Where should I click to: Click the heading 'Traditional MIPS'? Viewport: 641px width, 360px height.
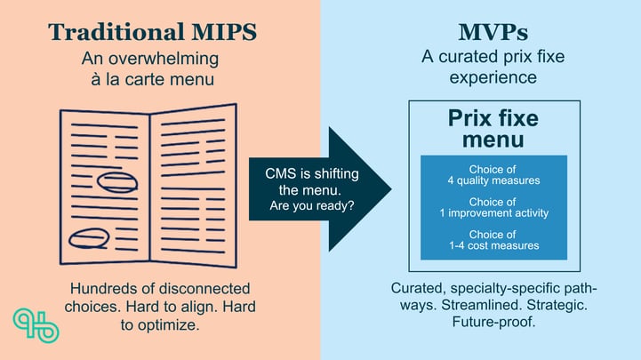152,32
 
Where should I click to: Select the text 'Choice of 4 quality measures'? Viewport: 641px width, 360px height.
493,175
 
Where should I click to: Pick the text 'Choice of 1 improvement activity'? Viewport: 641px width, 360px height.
493,208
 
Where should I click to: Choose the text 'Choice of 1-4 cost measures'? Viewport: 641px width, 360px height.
493,239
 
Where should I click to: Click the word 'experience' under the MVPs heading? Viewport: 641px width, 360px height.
493,77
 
